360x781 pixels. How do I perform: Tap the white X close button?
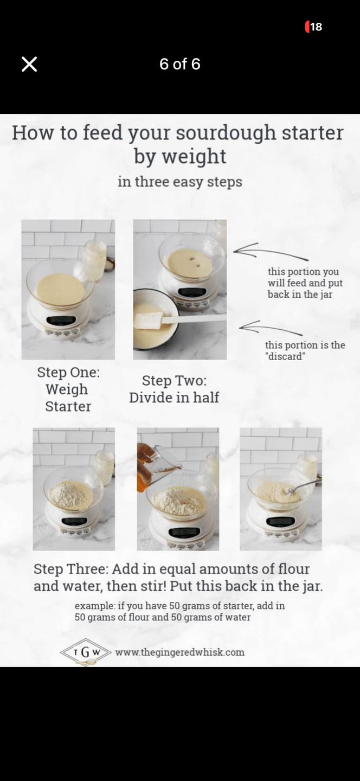point(29,64)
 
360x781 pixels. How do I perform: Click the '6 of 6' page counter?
point(180,64)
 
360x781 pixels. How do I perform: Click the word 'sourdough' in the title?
point(226,133)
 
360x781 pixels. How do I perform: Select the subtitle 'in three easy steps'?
point(180,182)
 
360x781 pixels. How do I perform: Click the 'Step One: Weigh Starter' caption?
point(68,389)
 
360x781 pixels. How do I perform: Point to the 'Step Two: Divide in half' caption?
point(174,389)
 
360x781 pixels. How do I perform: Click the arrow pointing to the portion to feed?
point(271,251)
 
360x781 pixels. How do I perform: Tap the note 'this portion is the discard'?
point(305,350)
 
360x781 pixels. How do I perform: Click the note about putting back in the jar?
point(305,283)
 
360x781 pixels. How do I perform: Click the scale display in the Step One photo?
point(61,320)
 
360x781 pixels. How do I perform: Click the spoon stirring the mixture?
point(302,486)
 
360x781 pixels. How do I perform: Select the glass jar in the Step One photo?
point(95,260)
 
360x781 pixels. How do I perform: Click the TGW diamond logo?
point(86,652)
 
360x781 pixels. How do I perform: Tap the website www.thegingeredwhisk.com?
point(180,652)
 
